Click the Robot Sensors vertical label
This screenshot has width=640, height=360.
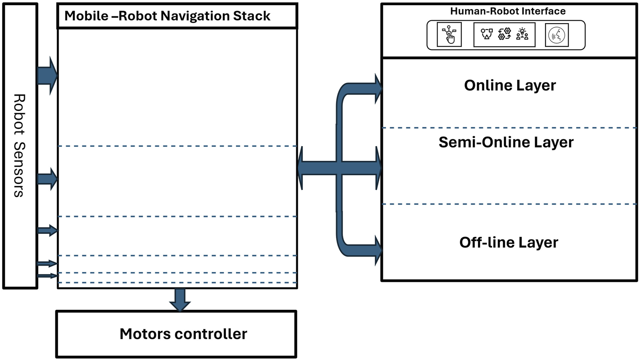[19, 145]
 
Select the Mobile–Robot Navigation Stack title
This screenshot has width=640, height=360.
[167, 16]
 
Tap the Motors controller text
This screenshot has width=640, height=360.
[183, 334]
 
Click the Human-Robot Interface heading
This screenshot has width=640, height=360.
[508, 11]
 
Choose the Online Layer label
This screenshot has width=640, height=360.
[510, 85]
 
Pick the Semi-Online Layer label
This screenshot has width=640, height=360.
[506, 142]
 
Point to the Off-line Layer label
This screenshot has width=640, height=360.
[508, 242]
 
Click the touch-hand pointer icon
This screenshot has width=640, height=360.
[449, 35]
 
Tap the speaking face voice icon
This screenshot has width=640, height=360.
[557, 35]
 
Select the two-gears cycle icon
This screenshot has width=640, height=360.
[505, 34]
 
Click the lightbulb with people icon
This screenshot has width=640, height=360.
[522, 34]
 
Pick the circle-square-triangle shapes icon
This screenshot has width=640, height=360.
[487, 34]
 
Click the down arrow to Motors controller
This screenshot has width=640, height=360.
[180, 300]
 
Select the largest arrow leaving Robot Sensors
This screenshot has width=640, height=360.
[47, 76]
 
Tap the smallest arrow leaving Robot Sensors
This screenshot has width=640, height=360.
[47, 276]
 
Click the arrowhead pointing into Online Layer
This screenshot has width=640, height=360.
[378, 89]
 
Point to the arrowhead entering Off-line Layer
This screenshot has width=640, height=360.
[378, 250]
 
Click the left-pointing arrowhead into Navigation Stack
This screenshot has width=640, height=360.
[301, 168]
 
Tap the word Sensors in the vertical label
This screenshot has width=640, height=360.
[19, 169]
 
